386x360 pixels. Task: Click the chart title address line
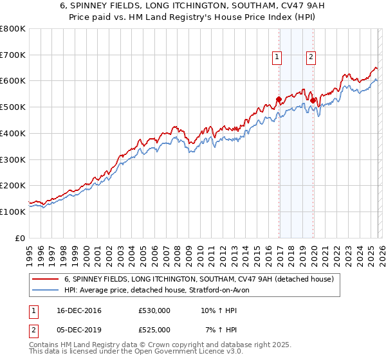pyautogui.click(x=193, y=6)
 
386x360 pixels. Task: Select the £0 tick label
pyautogui.click(x=21, y=238)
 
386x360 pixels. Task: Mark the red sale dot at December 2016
pyautogui.click(x=279, y=100)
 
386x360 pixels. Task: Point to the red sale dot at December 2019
pyautogui.click(x=313, y=101)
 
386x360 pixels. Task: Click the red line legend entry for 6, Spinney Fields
pyautogui.click(x=198, y=279)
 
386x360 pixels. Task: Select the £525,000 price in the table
pyautogui.click(x=155, y=330)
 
